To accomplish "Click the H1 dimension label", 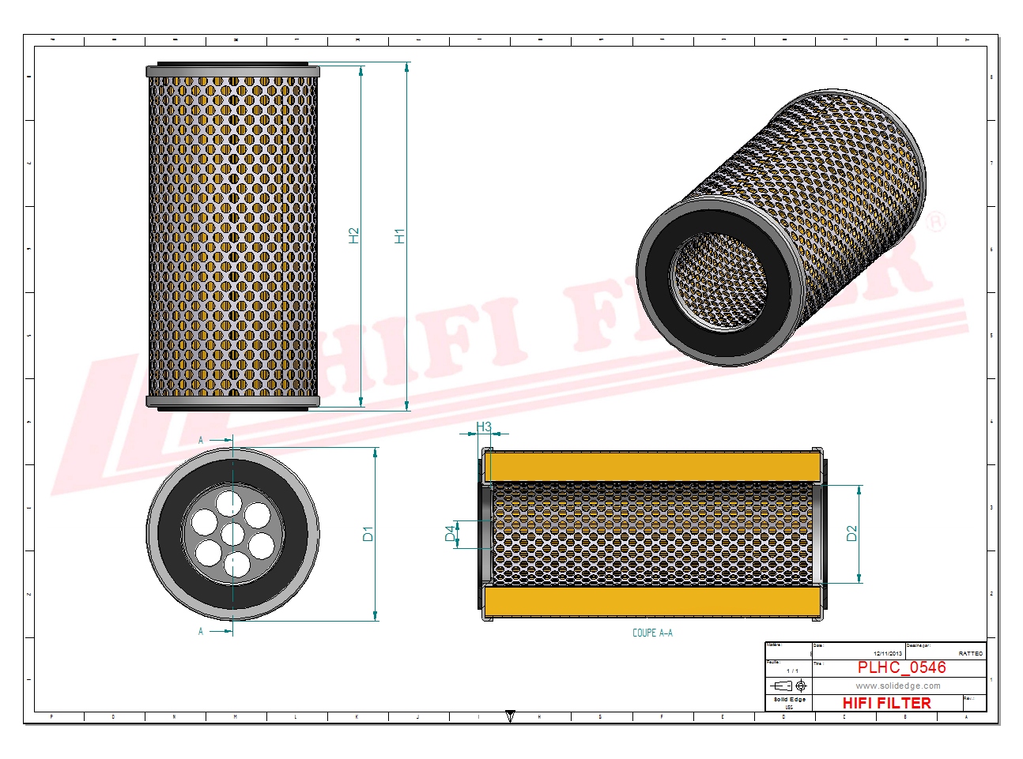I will (x=399, y=235).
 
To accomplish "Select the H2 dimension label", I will (x=353, y=235).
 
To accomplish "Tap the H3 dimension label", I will (x=484, y=427).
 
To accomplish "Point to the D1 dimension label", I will (x=368, y=534).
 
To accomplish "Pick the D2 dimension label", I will (x=851, y=533).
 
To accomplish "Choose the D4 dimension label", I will (x=451, y=534).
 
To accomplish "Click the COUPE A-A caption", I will (x=652, y=633).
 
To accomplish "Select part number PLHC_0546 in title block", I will (x=901, y=667).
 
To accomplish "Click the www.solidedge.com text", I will (x=898, y=686).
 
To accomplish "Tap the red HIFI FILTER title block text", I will (x=886, y=703).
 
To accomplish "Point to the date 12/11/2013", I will (x=887, y=653).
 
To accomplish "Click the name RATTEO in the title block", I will (x=970, y=653).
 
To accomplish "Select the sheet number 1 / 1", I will (x=792, y=671).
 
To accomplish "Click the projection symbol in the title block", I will (x=789, y=686).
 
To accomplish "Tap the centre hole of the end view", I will (x=232, y=535).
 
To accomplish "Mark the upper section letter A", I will (x=201, y=440).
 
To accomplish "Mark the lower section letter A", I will (x=201, y=631).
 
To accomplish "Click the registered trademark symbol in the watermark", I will (x=935, y=223).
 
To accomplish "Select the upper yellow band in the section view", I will (x=652, y=466).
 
